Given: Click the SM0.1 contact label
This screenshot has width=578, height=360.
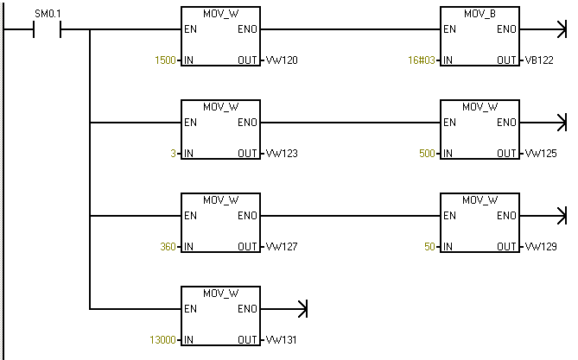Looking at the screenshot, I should click(48, 15).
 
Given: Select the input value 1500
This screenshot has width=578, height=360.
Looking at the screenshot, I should click(164, 60).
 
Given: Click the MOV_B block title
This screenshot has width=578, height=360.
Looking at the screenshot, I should click(480, 14).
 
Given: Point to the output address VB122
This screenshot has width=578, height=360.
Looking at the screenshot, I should click(540, 60).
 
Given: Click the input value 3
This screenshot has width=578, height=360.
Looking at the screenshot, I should click(173, 154).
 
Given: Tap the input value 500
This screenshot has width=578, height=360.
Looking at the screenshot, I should click(426, 154).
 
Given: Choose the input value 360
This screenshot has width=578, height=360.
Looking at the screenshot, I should click(167, 247).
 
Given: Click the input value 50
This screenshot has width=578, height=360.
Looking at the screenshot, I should click(429, 247).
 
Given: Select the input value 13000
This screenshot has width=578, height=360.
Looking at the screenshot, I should click(162, 340).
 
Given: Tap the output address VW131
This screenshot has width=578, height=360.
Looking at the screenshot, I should click(281, 340).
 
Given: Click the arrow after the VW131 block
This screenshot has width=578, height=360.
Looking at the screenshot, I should click(302, 308).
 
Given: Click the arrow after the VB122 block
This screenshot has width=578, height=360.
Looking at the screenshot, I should click(561, 28).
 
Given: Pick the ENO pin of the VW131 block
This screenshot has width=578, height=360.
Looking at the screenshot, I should click(247, 308).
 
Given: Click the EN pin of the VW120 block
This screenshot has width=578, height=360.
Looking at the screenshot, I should click(190, 28).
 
